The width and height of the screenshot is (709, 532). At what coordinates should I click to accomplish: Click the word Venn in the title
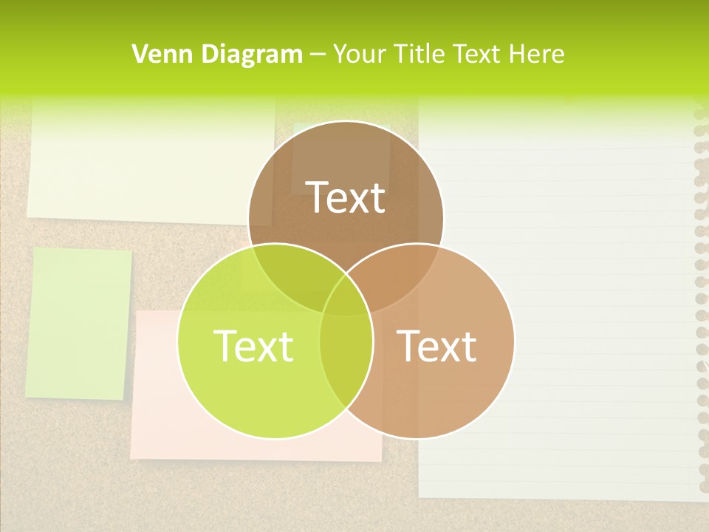[x=157, y=54]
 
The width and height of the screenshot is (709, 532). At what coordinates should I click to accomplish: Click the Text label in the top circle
[x=346, y=198]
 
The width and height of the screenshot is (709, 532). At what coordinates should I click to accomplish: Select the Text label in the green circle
[x=253, y=346]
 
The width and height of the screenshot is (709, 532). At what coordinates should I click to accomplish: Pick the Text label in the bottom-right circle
[x=436, y=346]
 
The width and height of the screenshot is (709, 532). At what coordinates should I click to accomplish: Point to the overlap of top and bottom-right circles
[x=403, y=277]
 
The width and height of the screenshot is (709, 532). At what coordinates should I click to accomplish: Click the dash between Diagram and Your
[x=318, y=54]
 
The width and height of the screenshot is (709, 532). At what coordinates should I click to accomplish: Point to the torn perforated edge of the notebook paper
[x=701, y=296]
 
